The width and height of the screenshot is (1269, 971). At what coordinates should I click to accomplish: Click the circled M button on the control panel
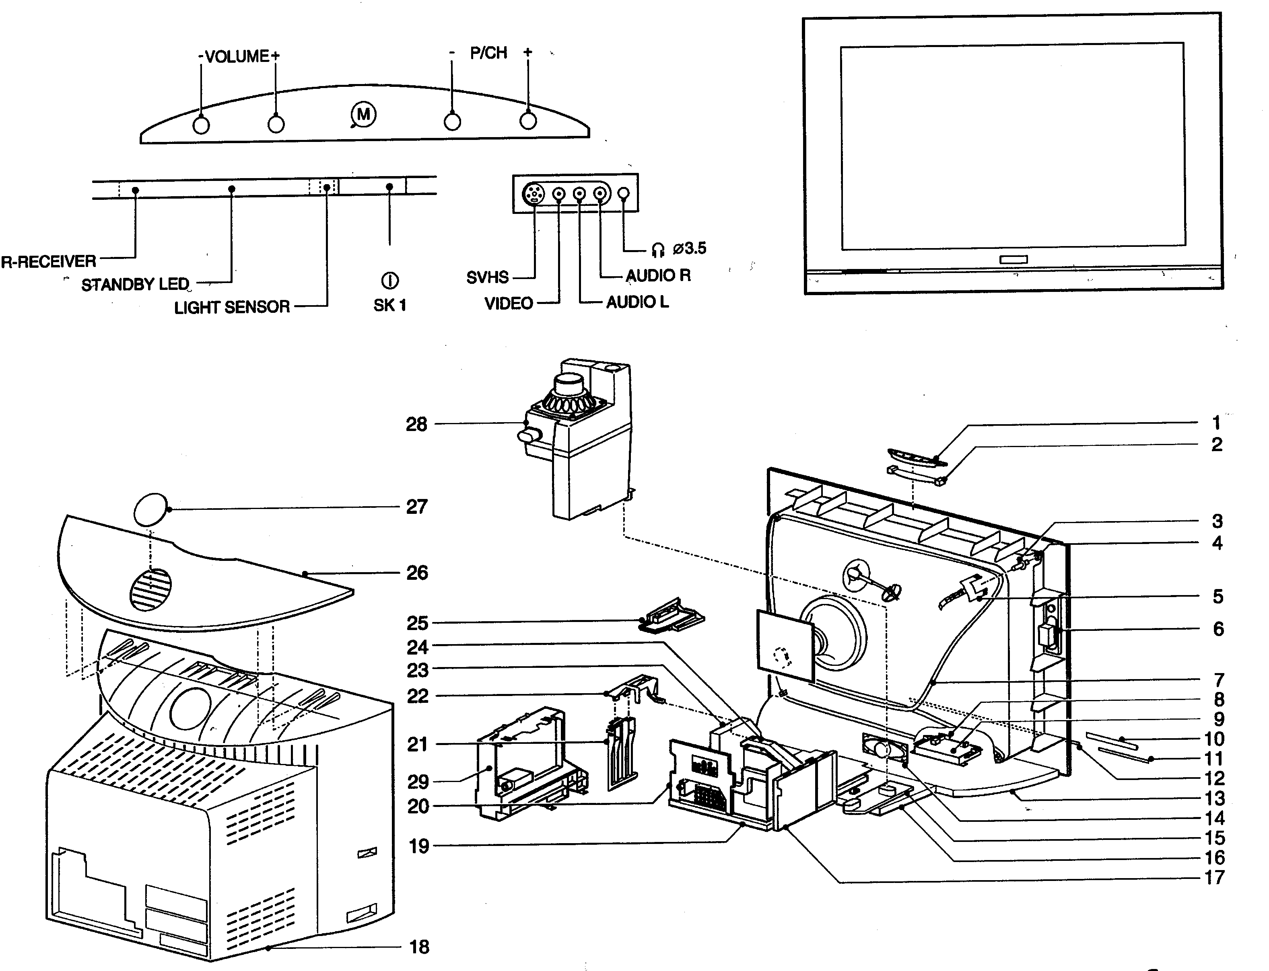tap(363, 115)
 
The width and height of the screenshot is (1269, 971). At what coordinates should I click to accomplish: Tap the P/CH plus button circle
tap(528, 121)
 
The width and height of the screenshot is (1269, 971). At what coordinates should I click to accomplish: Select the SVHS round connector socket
tap(533, 194)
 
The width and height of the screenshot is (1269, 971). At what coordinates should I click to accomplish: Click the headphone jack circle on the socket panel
tap(624, 194)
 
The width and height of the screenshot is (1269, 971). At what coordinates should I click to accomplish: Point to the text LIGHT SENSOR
tap(232, 307)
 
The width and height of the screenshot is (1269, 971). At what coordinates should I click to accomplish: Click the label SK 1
tap(390, 305)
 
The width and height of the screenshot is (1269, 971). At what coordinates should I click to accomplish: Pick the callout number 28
tap(416, 424)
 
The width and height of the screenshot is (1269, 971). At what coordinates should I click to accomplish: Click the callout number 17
tap(1215, 877)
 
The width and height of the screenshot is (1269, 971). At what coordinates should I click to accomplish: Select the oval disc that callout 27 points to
tap(150, 509)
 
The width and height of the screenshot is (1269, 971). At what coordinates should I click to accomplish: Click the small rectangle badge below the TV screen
tap(1014, 259)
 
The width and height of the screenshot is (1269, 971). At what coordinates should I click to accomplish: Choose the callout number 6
tap(1218, 628)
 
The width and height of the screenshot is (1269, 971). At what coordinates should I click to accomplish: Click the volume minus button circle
tap(201, 125)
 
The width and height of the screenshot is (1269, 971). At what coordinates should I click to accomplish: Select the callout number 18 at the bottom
tap(419, 947)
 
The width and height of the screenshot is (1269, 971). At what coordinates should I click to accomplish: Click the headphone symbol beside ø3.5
tap(658, 249)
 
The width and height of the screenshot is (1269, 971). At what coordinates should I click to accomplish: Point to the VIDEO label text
tap(509, 303)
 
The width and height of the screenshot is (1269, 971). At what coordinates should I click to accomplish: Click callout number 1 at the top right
tap(1216, 423)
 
